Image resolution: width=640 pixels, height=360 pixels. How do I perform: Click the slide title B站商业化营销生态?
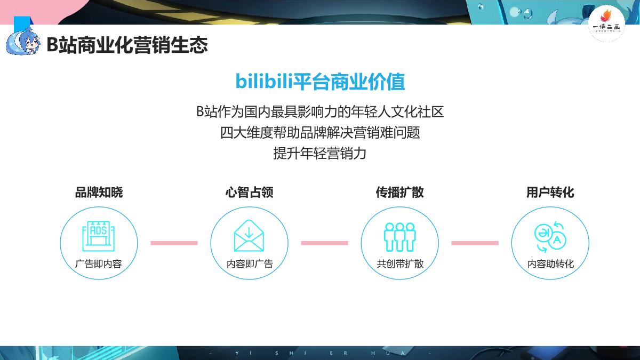[127, 45]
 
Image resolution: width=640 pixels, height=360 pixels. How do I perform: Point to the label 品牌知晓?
[99, 193]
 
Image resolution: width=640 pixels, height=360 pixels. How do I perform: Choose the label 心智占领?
[249, 193]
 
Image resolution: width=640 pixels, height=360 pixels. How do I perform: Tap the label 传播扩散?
[399, 193]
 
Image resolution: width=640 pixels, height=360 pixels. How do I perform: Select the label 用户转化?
[550, 193]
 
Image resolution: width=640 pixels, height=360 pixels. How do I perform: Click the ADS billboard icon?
[99, 236]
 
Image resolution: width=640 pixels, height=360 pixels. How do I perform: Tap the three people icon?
[399, 236]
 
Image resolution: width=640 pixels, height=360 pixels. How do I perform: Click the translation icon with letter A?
[550, 236]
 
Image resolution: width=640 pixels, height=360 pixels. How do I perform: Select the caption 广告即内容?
[99, 264]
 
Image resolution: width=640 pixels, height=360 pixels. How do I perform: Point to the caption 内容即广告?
[249, 264]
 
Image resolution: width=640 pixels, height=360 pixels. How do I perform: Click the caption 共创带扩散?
[399, 264]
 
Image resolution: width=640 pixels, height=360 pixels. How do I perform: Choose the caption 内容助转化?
[550, 264]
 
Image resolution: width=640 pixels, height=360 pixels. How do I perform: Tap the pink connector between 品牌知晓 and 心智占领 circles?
[174, 243]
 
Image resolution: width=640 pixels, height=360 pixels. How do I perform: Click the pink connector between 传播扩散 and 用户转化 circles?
[475, 243]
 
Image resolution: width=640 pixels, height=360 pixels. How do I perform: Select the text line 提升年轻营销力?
[320, 154]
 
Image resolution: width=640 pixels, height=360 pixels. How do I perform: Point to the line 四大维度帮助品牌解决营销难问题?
[320, 132]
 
